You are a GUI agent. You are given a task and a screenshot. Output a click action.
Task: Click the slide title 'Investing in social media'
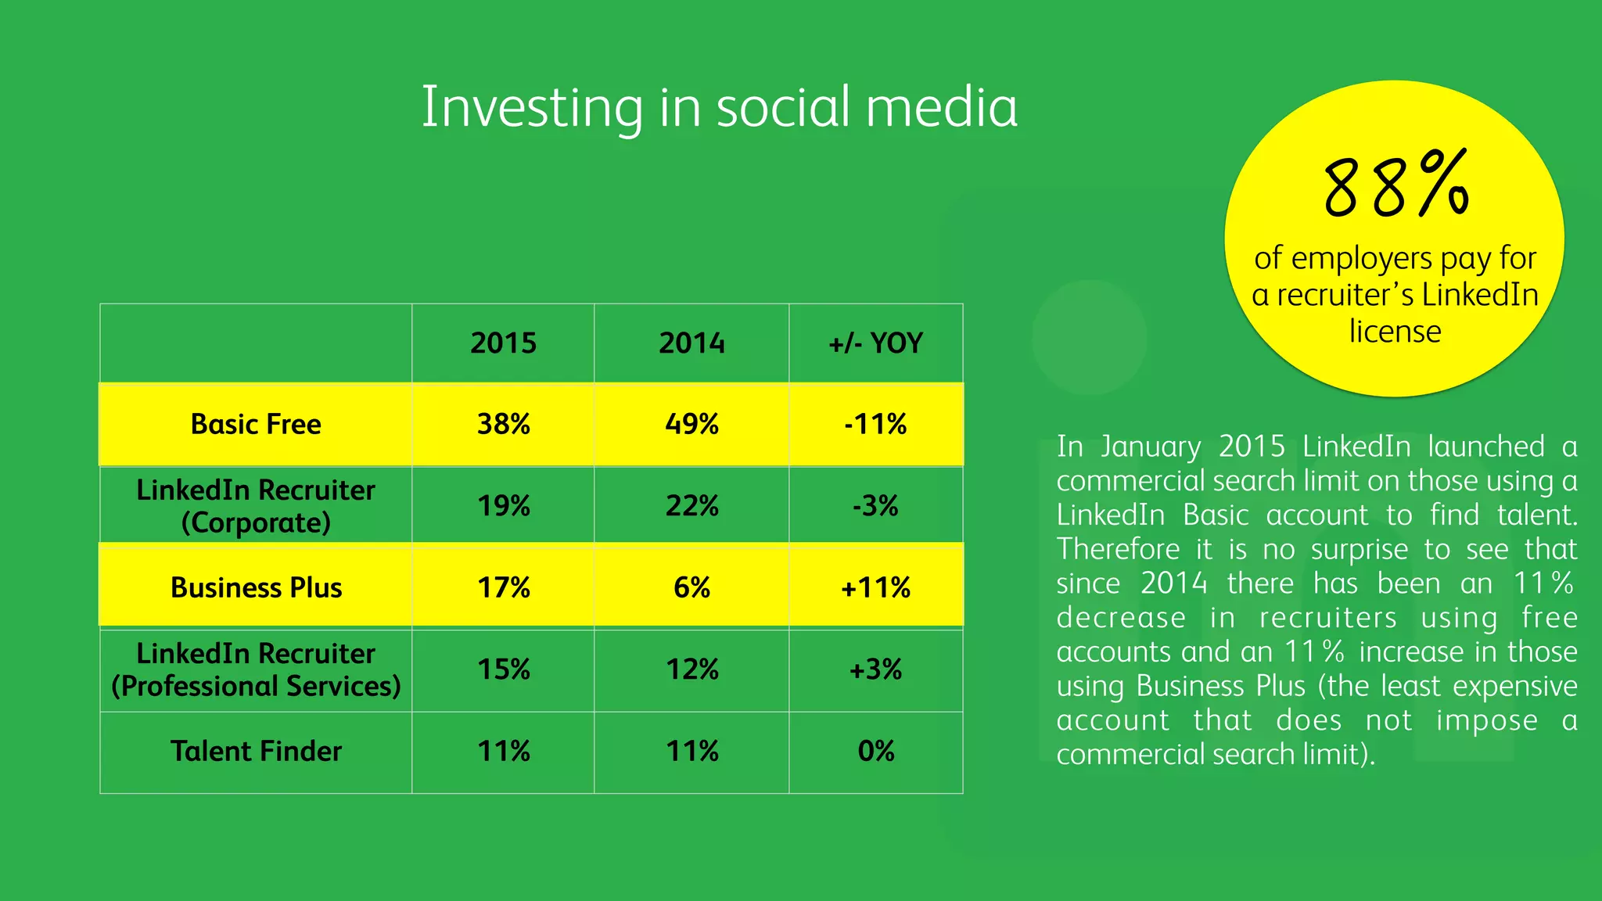719,108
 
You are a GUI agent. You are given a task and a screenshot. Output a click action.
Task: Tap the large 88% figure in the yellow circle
1396,186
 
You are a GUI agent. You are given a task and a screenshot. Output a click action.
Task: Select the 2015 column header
503,343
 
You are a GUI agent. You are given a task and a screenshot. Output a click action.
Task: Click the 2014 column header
691,343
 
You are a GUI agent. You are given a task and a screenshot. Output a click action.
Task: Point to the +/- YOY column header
875,343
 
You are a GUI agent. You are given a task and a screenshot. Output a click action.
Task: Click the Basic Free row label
256,425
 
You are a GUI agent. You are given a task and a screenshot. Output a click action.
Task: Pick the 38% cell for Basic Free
503,425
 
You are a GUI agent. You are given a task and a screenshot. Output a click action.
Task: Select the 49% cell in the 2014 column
691,425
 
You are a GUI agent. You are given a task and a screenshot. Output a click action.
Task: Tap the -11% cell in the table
875,425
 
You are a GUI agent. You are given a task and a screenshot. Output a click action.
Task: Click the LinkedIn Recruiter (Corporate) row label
256,506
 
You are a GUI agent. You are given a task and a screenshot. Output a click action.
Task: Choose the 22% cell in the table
691,506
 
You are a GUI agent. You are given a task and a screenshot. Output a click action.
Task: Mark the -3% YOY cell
875,506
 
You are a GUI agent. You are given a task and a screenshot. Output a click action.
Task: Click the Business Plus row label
256,587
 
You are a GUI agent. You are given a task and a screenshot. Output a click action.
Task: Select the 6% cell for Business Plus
691,587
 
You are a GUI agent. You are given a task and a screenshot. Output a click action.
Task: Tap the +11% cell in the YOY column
875,587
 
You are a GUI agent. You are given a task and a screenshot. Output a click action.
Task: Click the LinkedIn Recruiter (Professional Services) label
256,669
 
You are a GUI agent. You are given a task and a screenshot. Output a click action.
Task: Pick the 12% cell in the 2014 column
691,669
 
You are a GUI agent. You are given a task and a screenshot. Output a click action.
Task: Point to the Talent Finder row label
256,752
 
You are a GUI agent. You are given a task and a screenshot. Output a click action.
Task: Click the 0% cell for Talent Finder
875,752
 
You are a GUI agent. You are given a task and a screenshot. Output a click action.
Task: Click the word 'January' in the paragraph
1150,447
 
